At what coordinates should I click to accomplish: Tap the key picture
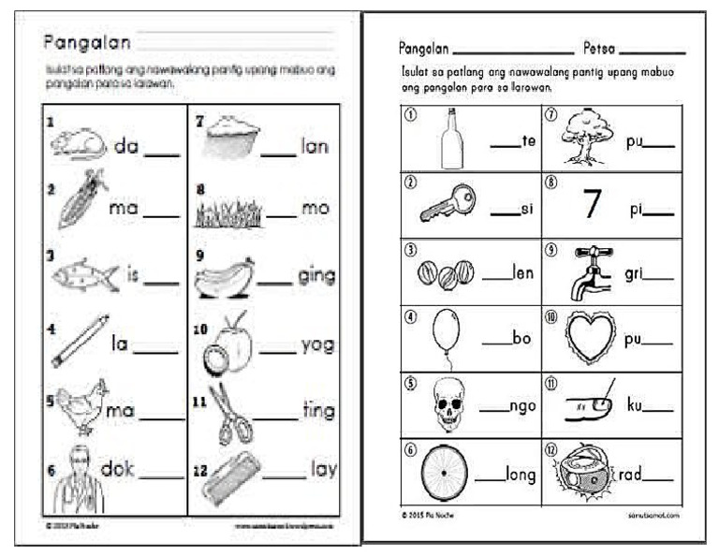click(447, 201)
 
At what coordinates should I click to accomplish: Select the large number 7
click(591, 205)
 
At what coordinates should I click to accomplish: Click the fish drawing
click(84, 274)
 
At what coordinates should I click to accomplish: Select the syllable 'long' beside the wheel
click(520, 476)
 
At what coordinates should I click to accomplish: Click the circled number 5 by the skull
click(410, 382)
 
